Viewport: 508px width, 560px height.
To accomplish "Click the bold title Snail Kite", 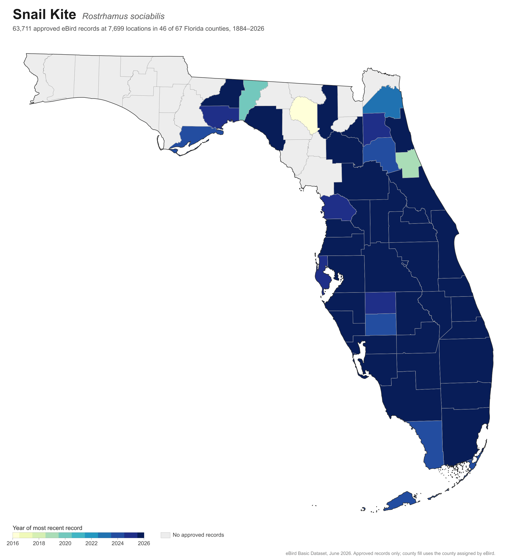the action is [x=44, y=14].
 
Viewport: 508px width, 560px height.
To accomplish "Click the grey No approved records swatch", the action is [x=165, y=535].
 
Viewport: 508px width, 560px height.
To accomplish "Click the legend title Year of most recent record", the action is [x=47, y=528].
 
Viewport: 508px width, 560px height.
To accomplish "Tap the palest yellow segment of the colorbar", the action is [x=16, y=535].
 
